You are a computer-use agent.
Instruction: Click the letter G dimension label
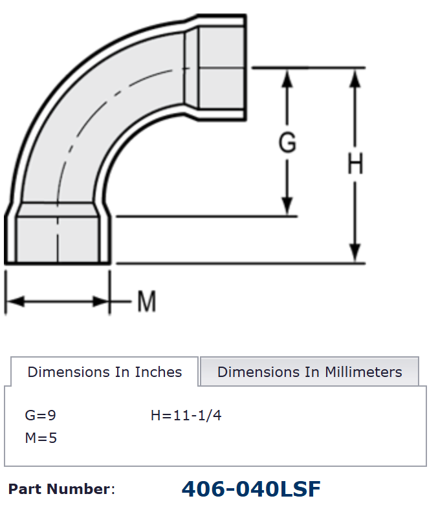click(287, 142)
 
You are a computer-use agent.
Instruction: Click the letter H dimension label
click(355, 165)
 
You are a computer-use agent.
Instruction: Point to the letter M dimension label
click(147, 301)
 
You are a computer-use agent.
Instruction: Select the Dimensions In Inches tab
click(105, 372)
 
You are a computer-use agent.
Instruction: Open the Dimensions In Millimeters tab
click(309, 372)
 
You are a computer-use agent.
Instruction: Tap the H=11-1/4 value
click(186, 415)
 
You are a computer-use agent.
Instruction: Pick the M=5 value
click(41, 438)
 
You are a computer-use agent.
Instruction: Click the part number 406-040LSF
click(251, 489)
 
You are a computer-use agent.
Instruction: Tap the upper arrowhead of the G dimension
click(288, 77)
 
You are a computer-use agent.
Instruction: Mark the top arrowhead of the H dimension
click(355, 77)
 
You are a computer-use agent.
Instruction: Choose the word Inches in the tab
click(159, 372)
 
